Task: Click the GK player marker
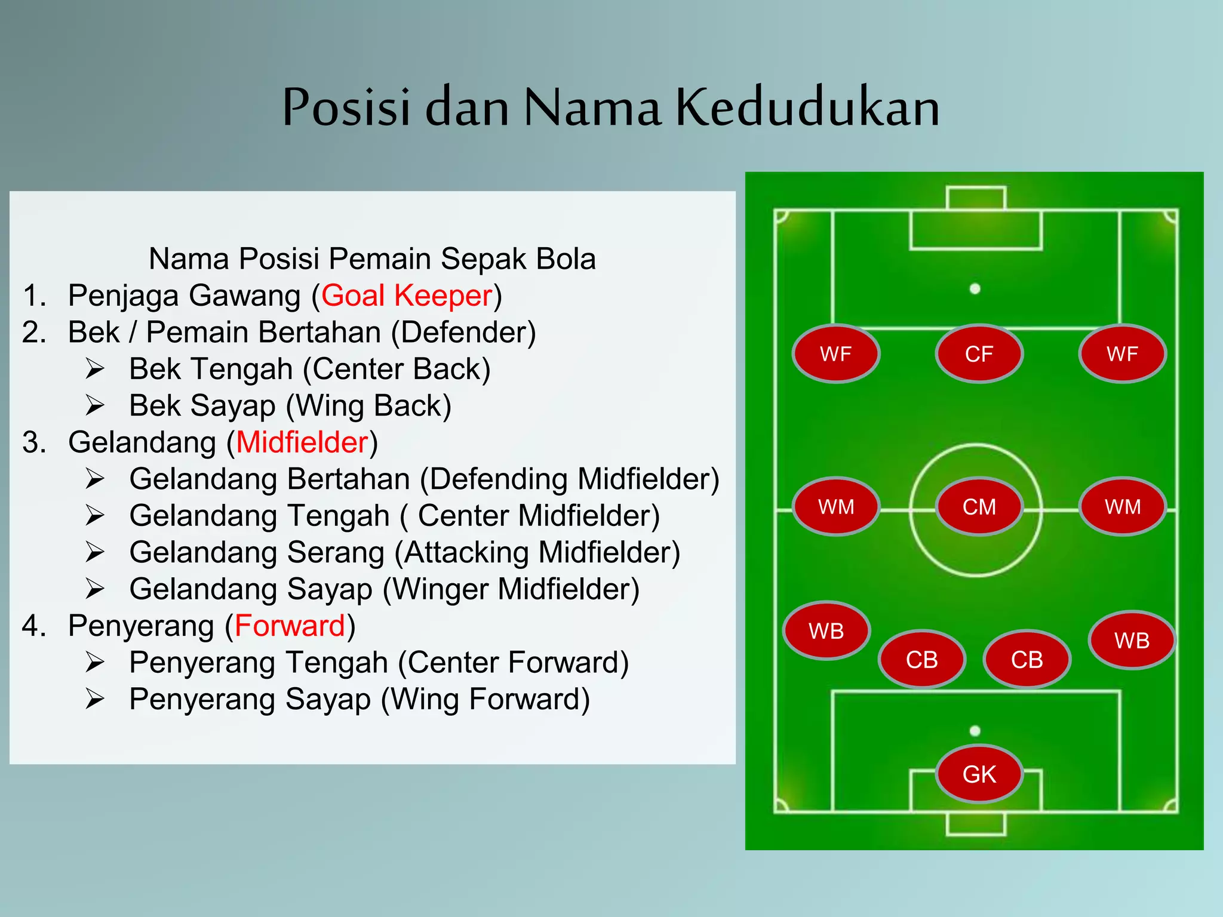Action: (979, 774)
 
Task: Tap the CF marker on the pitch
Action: (979, 354)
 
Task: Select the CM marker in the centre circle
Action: (979, 507)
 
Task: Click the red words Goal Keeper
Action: (407, 296)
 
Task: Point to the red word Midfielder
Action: (302, 442)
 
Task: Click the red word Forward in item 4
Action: (290, 626)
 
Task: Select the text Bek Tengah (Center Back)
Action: (309, 369)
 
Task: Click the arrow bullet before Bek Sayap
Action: (94, 405)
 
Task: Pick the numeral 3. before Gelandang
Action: (34, 442)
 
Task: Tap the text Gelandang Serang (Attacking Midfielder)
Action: (404, 552)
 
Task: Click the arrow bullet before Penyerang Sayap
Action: (94, 699)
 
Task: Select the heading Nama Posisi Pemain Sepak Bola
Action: (372, 259)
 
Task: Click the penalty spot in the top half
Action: (975, 289)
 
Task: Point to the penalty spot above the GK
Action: (975, 731)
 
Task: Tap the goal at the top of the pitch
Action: (976, 198)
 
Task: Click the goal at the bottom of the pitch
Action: (976, 824)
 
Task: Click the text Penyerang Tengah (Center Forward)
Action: (379, 663)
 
